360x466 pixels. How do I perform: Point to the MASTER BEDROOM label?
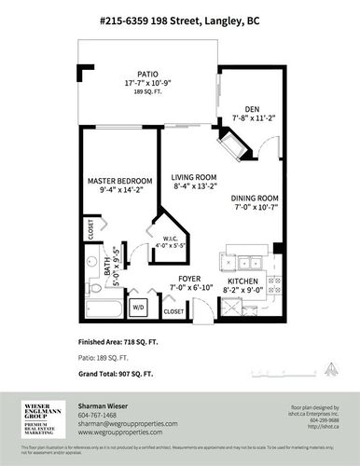tap(120, 180)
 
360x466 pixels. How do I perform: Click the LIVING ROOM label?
tap(194, 176)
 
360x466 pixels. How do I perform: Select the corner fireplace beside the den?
tap(228, 146)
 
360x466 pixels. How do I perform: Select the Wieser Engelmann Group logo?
tap(41, 418)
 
